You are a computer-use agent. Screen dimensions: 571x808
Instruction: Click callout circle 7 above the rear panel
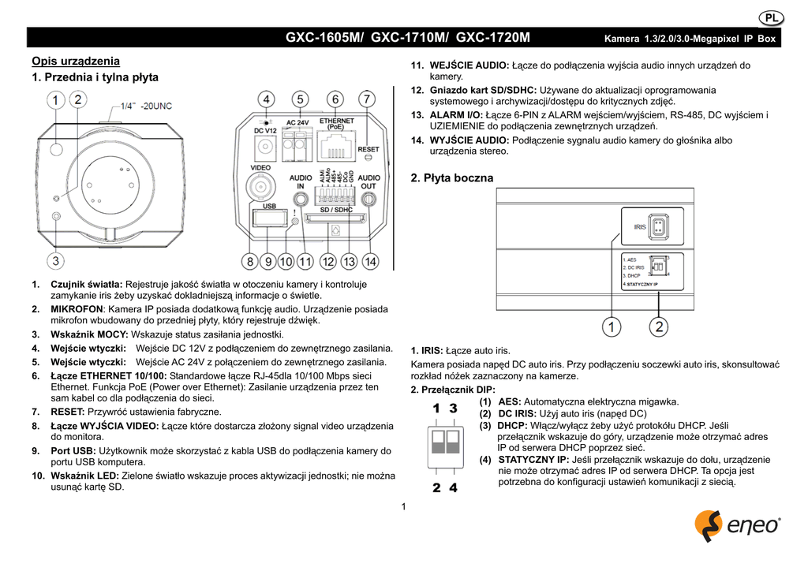click(x=367, y=100)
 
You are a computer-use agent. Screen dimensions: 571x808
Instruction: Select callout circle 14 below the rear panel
click(x=370, y=260)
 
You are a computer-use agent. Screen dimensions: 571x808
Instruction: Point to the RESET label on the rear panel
click(x=368, y=149)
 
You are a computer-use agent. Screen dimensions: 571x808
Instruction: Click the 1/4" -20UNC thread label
click(x=146, y=106)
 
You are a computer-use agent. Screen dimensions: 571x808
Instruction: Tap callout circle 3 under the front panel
click(x=55, y=260)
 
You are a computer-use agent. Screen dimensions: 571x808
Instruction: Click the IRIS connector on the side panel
click(x=659, y=226)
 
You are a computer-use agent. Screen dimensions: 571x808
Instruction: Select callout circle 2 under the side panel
click(x=659, y=325)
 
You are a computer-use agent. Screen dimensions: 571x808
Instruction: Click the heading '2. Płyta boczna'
click(x=452, y=178)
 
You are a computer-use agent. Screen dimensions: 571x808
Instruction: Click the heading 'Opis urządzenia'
click(x=76, y=61)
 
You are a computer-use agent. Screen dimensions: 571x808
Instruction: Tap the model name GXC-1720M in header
click(x=493, y=38)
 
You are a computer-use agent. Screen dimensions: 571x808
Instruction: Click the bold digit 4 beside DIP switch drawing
click(x=453, y=487)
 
